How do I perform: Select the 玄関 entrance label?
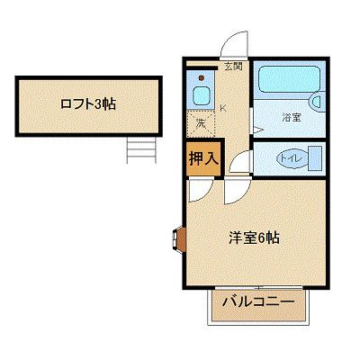[x=233, y=65]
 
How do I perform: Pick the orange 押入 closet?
[x=204, y=157]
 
